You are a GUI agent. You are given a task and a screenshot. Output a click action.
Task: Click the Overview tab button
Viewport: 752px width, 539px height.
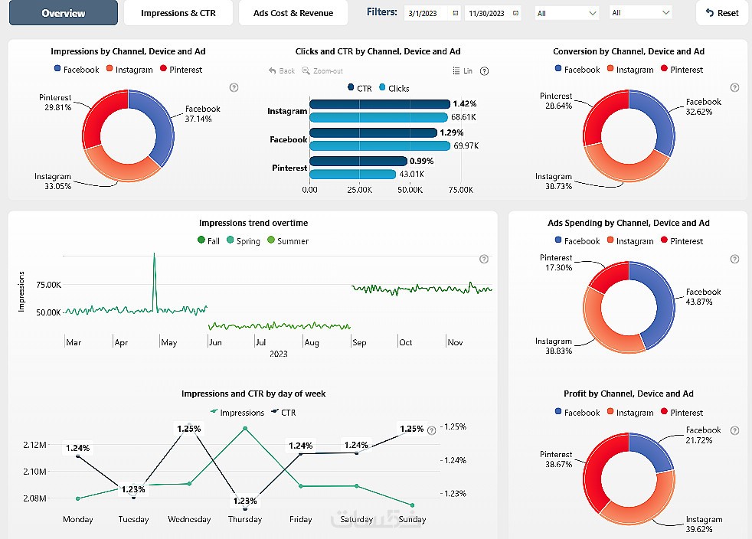64,13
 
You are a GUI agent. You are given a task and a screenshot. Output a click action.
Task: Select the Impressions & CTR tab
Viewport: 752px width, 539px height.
178,13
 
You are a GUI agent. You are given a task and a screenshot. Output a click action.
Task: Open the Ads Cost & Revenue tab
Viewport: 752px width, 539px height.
293,13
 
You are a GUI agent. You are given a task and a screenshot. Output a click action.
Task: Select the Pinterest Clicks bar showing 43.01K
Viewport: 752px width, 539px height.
352,175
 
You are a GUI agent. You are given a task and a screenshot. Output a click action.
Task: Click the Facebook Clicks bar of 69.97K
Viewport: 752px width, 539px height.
380,145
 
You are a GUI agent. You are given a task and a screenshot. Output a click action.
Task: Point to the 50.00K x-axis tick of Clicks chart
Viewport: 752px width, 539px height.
410,190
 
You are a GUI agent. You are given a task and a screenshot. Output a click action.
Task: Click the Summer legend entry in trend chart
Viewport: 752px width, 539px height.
288,241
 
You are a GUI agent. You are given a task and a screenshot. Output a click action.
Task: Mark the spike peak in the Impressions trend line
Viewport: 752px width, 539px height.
154,254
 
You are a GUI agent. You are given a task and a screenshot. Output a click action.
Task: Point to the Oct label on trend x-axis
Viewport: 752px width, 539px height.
406,343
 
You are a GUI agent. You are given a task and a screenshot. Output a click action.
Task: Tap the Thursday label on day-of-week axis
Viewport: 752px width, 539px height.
245,520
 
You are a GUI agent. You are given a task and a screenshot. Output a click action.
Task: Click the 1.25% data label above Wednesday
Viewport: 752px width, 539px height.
189,429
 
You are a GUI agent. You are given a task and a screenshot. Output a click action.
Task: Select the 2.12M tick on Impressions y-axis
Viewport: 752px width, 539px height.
34,445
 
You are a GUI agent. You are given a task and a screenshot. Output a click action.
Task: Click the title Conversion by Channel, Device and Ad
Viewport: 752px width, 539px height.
628,52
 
